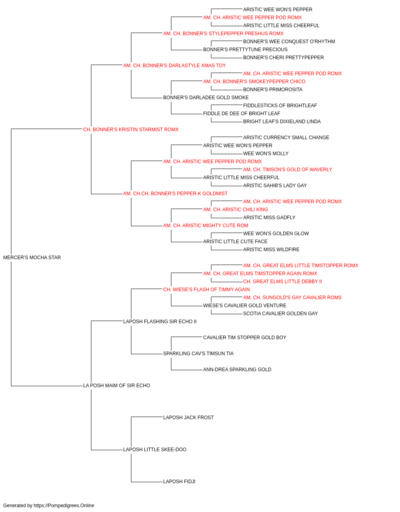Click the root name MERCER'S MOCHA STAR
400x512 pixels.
pyautogui.click(x=32, y=258)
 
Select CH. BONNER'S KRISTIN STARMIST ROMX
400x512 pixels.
pyautogui.click(x=131, y=130)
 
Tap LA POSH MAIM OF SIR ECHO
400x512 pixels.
pyautogui.click(x=117, y=386)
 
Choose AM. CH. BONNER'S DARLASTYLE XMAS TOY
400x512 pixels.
pyautogui.click(x=174, y=66)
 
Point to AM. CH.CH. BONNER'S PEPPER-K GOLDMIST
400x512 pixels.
pyautogui.click(x=175, y=194)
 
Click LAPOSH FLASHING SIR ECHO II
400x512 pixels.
pyautogui.click(x=160, y=321)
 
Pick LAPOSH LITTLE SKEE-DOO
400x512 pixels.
pyautogui.click(x=155, y=449)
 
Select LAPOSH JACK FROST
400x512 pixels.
pyautogui.click(x=188, y=418)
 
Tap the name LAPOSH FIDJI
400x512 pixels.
pyautogui.click(x=179, y=481)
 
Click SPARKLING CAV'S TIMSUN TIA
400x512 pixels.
pyautogui.click(x=198, y=354)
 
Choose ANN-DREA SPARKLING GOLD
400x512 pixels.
pyautogui.click(x=237, y=370)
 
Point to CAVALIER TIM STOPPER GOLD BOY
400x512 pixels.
pyautogui.click(x=245, y=338)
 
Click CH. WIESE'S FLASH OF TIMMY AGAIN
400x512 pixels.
pyautogui.click(x=206, y=289)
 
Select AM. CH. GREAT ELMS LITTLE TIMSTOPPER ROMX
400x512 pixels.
pyautogui.click(x=300, y=266)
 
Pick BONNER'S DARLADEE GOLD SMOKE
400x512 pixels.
pyautogui.click(x=206, y=98)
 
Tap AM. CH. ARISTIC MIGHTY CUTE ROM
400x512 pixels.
pyautogui.click(x=206, y=226)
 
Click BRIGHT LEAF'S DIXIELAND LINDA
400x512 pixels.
pyautogui.click(x=282, y=122)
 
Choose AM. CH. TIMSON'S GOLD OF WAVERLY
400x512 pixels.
pyautogui.click(x=288, y=170)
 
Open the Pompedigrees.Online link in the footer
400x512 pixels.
pyautogui.click(x=64, y=506)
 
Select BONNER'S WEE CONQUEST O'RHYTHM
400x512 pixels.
pyautogui.click(x=289, y=42)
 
